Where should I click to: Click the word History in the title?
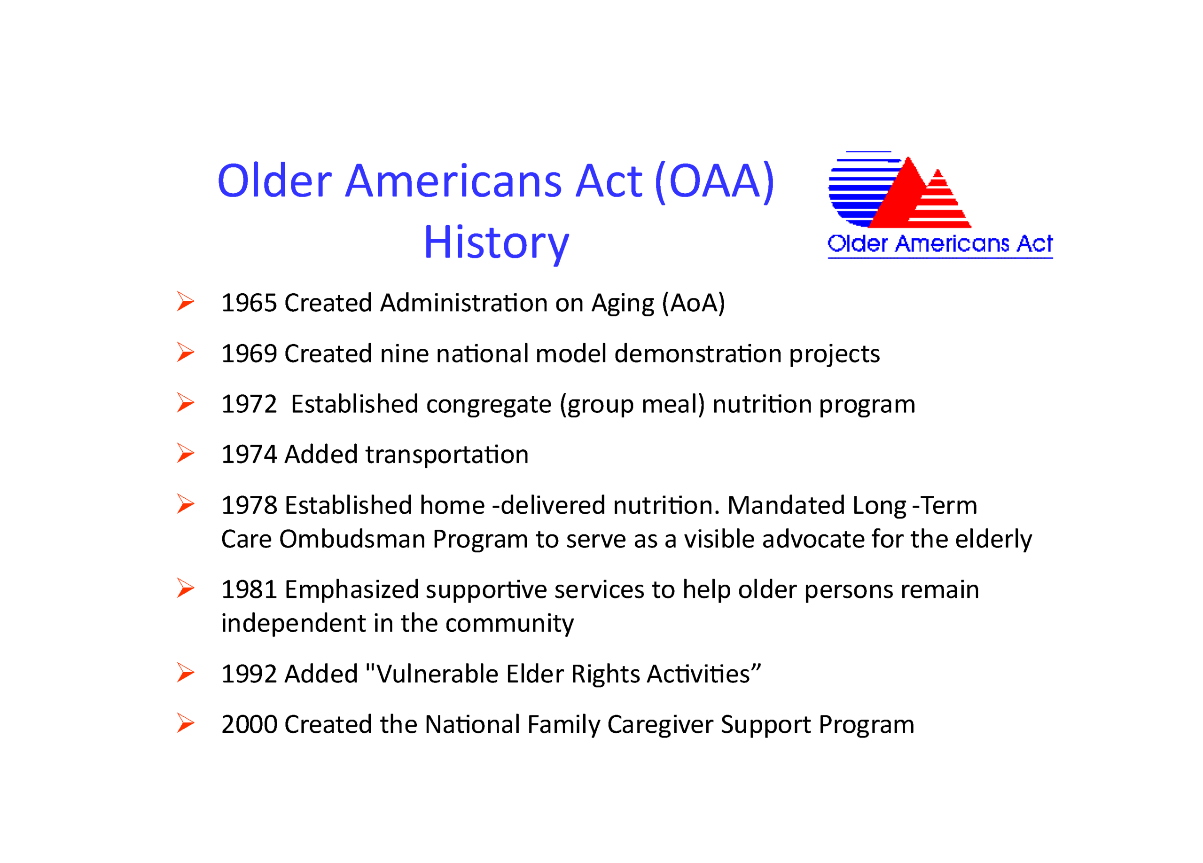click(x=497, y=243)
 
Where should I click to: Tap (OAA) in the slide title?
click(x=714, y=182)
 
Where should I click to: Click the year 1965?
click(x=249, y=303)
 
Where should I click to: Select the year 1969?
click(x=249, y=354)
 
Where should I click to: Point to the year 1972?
click(x=249, y=404)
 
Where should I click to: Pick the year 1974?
click(x=249, y=455)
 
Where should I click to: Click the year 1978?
click(x=249, y=505)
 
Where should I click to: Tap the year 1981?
click(x=249, y=589)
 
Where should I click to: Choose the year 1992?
click(x=249, y=674)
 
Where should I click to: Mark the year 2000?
click(x=249, y=724)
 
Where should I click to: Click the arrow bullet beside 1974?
click(x=186, y=454)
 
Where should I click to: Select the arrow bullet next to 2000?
click(x=186, y=723)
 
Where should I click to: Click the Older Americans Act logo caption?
click(x=940, y=244)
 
